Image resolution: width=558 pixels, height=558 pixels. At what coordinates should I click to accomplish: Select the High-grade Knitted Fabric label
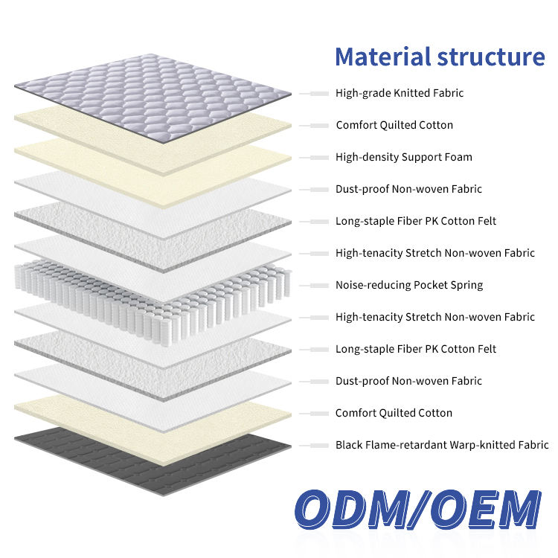click(x=400, y=93)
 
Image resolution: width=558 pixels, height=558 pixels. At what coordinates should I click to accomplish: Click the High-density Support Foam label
click(x=404, y=157)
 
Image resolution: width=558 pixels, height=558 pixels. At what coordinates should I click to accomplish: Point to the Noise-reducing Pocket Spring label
click(x=409, y=285)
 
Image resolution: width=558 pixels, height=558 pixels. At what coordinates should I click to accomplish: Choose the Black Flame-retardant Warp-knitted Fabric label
click(x=442, y=445)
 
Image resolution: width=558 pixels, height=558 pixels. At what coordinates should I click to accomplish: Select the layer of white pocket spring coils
click(x=149, y=286)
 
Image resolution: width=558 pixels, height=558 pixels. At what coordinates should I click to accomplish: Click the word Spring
click(x=466, y=285)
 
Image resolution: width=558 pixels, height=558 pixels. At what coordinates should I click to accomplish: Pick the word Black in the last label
click(x=349, y=445)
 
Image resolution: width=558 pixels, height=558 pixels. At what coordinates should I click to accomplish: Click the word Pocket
click(x=429, y=285)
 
